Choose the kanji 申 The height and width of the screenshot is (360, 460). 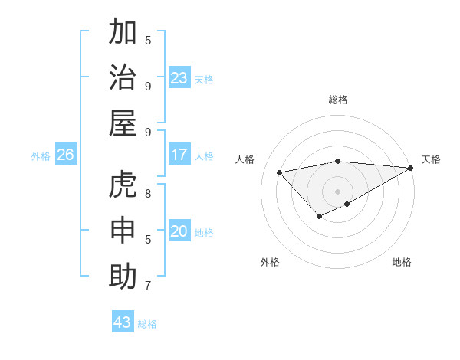(123, 231)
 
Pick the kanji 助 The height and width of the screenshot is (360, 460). (123, 276)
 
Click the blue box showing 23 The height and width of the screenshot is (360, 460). (179, 78)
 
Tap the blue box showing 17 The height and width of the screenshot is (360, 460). (179, 155)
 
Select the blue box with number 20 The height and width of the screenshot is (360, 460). (179, 231)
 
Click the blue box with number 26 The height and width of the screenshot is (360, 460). (65, 155)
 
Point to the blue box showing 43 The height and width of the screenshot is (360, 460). (123, 322)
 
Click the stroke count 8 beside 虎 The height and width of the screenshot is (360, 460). (148, 193)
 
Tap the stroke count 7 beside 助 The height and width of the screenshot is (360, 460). (148, 286)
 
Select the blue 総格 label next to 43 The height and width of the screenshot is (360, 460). (147, 324)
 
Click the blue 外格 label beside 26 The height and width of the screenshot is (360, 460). (41, 156)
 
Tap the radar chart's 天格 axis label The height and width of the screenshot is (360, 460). (431, 159)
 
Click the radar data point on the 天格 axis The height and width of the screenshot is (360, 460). (411, 168)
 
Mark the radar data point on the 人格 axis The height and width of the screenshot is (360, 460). (280, 172)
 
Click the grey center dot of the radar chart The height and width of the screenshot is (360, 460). (337, 191)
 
